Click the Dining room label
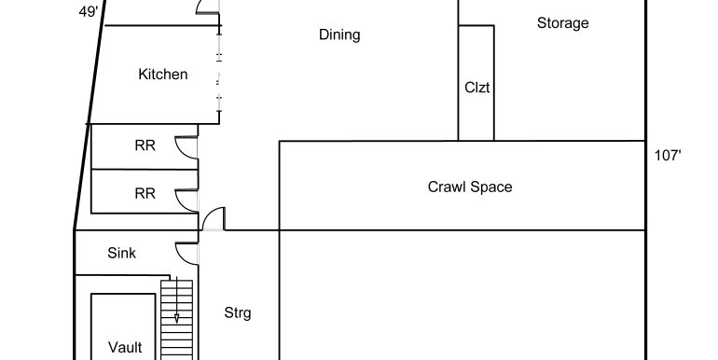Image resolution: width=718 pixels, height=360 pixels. (339, 35)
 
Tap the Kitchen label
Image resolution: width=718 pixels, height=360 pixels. (163, 75)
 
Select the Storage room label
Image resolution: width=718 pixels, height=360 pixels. (563, 23)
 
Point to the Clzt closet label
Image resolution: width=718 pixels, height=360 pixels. (477, 88)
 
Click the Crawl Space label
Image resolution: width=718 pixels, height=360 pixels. (470, 187)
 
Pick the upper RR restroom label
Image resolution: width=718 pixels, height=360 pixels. (145, 145)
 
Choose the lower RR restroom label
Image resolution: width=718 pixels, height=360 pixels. (145, 194)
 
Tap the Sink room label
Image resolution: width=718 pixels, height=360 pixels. (122, 253)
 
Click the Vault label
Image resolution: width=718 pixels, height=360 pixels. (125, 347)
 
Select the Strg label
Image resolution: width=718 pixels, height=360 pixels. (238, 313)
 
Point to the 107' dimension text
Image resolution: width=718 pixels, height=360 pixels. (668, 156)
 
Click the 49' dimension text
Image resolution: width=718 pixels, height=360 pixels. (89, 12)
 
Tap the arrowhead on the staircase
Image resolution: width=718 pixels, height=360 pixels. (176, 319)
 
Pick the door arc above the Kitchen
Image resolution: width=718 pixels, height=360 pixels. (200, 6)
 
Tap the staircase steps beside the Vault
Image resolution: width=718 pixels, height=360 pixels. (176, 320)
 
